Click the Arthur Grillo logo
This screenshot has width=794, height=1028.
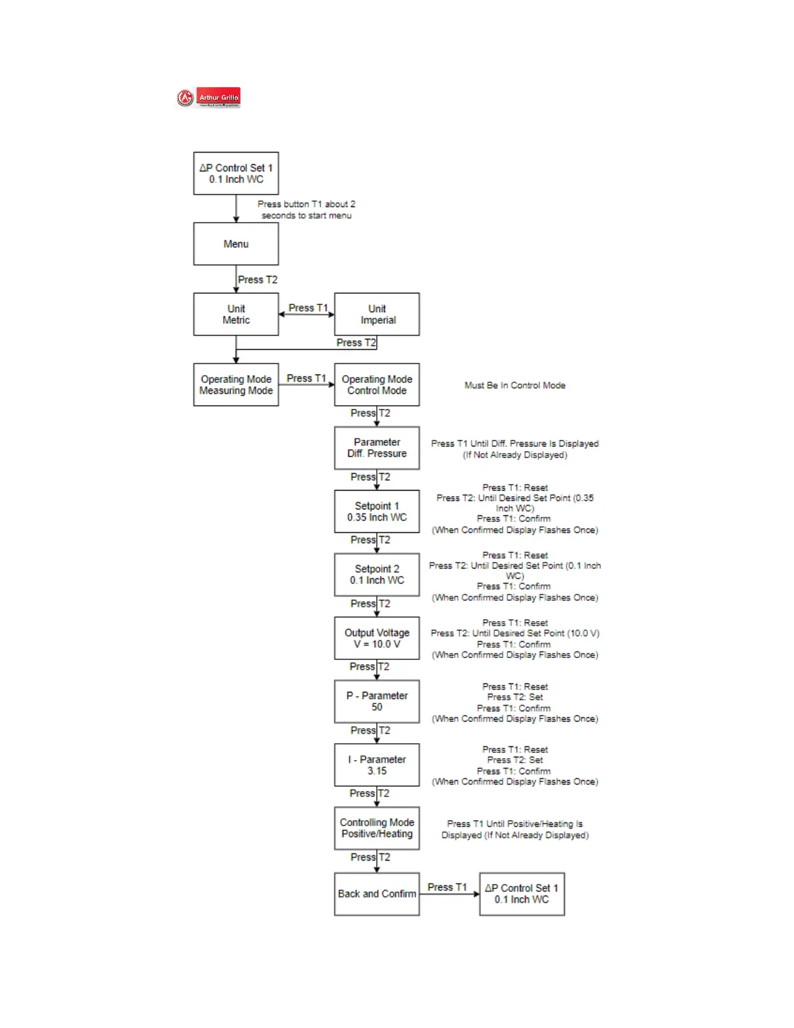coord(209,98)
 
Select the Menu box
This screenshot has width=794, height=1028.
coord(236,244)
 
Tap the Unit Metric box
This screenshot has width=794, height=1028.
coord(236,314)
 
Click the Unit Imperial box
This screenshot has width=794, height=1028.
coord(377,314)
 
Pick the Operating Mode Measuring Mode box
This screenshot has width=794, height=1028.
coord(236,385)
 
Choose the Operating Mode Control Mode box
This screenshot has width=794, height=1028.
coord(377,385)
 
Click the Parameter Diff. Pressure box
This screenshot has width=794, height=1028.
coord(377,448)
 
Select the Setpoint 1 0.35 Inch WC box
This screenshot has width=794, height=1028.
coord(377,511)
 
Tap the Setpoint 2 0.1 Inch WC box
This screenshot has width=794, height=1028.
coord(377,574)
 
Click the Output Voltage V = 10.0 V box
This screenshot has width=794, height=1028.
coord(377,638)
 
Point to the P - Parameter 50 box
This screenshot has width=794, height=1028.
coord(377,702)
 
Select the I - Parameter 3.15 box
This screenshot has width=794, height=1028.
coord(377,765)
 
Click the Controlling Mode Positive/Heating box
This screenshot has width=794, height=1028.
coord(377,828)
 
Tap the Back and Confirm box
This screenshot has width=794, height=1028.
coord(377,894)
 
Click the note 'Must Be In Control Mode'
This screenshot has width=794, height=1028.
coord(515,385)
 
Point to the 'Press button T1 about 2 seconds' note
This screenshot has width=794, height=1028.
coord(306,210)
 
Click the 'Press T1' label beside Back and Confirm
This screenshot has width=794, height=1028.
coord(447,887)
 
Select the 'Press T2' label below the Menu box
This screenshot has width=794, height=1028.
coord(258,280)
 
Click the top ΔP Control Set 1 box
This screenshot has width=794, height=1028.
coord(236,173)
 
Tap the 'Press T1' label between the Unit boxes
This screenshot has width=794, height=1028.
coord(308,308)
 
